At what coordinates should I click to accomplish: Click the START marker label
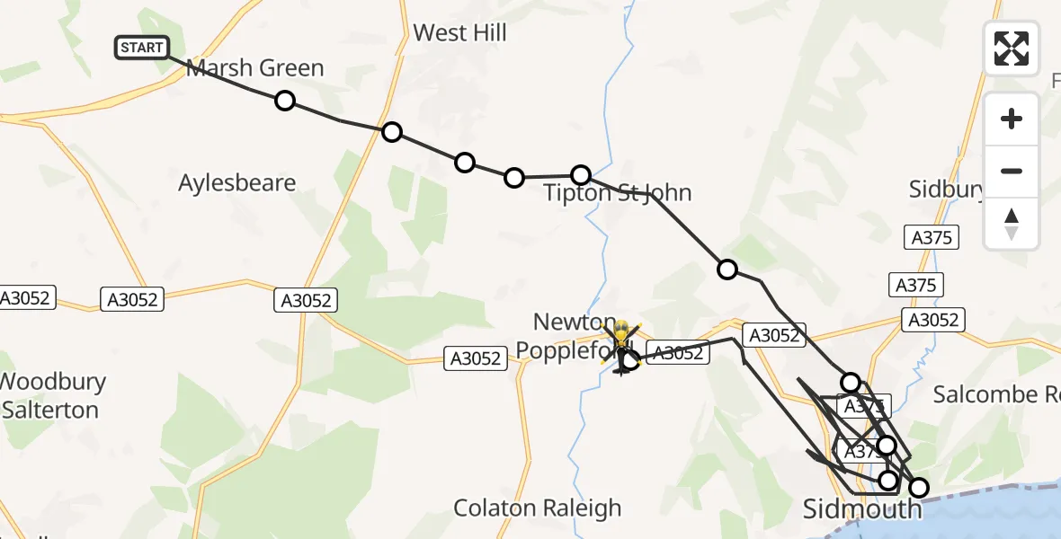pos(141,48)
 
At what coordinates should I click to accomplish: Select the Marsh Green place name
pos(254,68)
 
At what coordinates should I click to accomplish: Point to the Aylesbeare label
pos(236,183)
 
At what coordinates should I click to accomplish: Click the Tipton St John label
pos(617,193)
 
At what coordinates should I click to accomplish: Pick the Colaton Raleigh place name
pos(537,508)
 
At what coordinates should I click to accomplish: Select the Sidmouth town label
pos(861,510)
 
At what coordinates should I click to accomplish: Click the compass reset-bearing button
pos(1012,224)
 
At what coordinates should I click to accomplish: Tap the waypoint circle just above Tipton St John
pos(581,174)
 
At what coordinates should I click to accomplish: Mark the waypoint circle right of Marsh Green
pos(285,101)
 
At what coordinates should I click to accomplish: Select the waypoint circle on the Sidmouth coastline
pos(919,488)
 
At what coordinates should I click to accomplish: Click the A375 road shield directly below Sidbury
pos(931,237)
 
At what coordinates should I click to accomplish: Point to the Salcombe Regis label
pos(996,394)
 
